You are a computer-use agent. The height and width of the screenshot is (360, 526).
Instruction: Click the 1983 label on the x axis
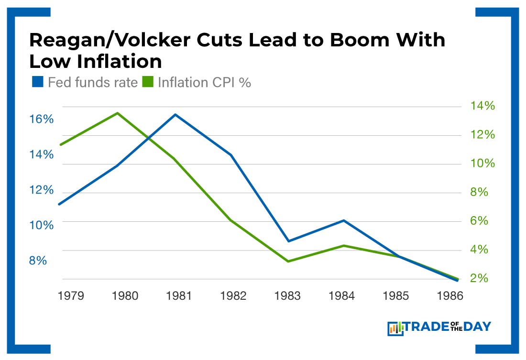287,296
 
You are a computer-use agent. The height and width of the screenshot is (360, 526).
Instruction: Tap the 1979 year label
71,296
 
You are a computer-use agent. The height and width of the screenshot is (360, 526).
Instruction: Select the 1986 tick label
450,296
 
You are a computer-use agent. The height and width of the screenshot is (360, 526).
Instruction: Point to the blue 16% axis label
42,119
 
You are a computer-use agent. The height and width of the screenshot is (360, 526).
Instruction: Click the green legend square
148,82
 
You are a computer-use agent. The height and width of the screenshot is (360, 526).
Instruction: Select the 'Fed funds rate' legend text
93,82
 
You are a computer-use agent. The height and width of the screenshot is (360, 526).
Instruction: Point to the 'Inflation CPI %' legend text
204,82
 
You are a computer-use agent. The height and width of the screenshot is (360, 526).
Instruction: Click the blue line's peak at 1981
175,115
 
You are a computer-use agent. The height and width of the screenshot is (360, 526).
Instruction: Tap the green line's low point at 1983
288,261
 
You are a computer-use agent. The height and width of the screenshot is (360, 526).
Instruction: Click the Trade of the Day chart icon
395,328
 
